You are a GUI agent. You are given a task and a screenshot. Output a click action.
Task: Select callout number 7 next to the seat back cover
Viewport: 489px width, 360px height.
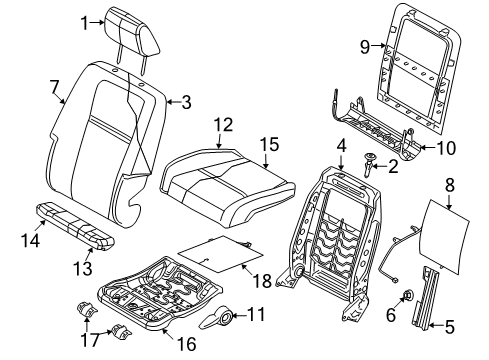[57, 87]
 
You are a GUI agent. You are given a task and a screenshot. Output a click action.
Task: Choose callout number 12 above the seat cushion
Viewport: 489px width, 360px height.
[221, 125]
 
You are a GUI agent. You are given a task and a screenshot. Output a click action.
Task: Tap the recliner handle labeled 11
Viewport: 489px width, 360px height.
[217, 320]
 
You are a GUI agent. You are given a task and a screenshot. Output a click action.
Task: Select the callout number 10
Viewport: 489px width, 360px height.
[446, 149]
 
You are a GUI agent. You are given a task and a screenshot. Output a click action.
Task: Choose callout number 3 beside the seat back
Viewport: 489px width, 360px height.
[186, 100]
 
